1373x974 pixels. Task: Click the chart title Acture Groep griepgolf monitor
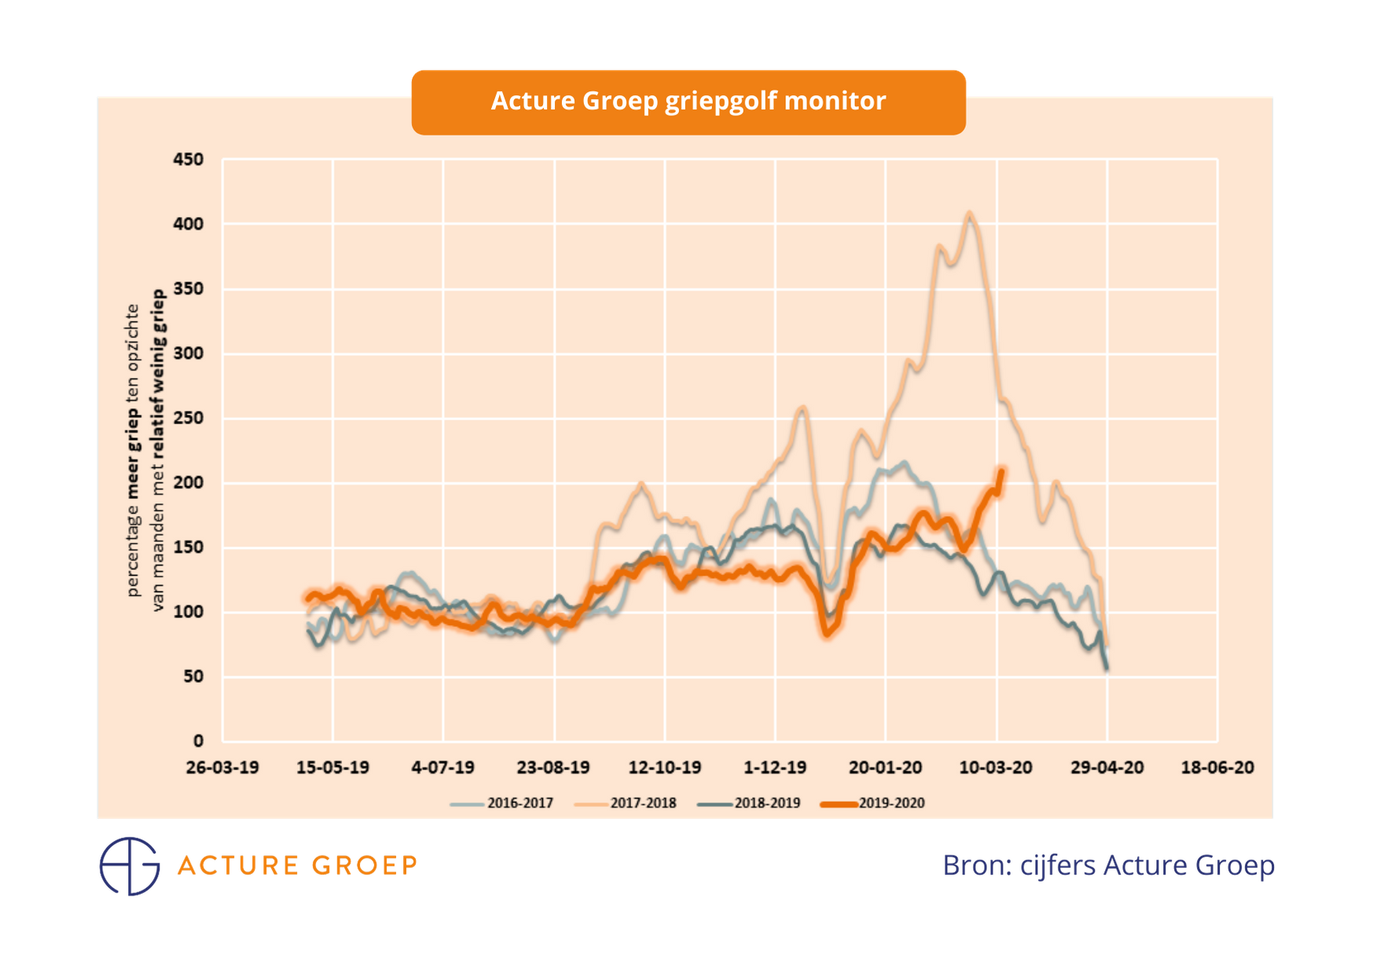tap(688, 101)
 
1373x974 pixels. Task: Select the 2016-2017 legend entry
tap(519, 804)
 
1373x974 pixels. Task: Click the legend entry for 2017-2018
tap(642, 804)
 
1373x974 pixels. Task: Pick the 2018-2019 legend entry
tap(766, 804)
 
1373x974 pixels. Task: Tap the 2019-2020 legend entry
tap(890, 804)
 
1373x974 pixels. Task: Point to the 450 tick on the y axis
tap(189, 159)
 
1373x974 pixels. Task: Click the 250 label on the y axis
tap(189, 418)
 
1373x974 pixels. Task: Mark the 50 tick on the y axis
tap(193, 676)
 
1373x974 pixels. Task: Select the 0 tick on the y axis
tap(198, 741)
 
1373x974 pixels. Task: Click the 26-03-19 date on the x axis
tap(222, 767)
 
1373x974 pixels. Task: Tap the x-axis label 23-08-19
tap(553, 767)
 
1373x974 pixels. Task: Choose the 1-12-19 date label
tap(775, 767)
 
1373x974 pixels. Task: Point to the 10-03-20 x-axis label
tap(996, 767)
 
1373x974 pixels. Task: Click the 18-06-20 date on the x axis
tap(1217, 767)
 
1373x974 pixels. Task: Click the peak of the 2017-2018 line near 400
tap(970, 213)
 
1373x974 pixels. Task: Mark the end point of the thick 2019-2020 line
tap(1001, 470)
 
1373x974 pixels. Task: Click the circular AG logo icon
tap(130, 866)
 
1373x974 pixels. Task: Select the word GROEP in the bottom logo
tap(364, 866)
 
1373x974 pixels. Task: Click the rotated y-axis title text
tap(145, 450)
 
